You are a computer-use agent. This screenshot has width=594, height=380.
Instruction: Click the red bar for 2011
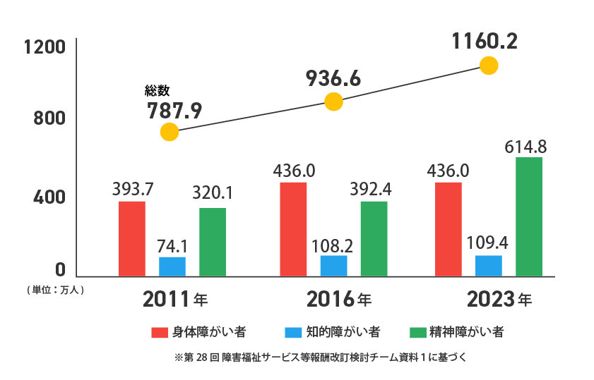(x=132, y=239)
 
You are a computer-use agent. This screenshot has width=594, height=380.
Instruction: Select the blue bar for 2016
(x=333, y=266)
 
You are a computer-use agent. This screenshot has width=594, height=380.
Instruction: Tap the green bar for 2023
(x=529, y=216)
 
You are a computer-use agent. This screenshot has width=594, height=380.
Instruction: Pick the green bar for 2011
(x=213, y=242)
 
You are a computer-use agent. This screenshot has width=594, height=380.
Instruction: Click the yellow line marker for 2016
(x=333, y=102)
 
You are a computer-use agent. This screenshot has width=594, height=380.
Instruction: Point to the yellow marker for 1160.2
(x=489, y=66)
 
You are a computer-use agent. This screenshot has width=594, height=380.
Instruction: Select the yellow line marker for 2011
(x=170, y=132)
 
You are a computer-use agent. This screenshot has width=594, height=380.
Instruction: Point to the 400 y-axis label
(x=50, y=197)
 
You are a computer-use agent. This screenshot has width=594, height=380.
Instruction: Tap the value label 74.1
(x=172, y=247)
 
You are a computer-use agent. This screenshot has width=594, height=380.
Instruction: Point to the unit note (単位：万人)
(x=54, y=290)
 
